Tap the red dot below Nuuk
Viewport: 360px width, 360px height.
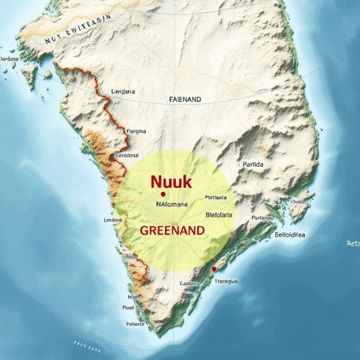click(163, 194)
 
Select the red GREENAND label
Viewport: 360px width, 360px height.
click(172, 230)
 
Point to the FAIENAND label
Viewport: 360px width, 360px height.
click(185, 99)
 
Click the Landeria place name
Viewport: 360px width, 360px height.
click(123, 92)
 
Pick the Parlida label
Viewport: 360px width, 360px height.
click(254, 163)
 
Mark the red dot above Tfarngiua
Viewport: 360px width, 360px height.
click(213, 269)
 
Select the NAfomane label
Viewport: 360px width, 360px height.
click(172, 204)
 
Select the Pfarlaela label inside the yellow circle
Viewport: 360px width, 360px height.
click(216, 197)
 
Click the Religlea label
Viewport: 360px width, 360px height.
click(136, 130)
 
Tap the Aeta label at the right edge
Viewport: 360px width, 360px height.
click(353, 243)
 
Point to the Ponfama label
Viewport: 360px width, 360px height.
click(262, 218)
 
